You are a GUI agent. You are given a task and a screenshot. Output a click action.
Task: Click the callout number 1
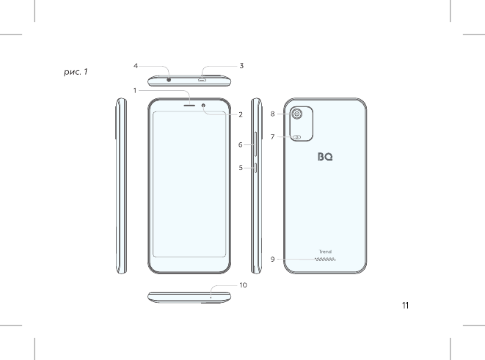coord(135,90)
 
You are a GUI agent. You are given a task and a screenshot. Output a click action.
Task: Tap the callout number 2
coord(241,114)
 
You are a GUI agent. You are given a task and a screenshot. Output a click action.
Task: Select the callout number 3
coord(241,66)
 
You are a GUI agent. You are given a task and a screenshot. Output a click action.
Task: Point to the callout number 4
coord(136,66)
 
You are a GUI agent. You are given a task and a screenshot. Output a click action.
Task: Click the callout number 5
coord(241,168)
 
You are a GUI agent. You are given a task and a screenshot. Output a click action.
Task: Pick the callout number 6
coord(241,144)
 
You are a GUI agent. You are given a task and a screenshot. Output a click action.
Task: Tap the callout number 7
coord(272,136)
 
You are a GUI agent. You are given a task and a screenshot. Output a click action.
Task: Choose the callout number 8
coord(272,114)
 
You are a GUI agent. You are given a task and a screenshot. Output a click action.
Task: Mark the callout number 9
coord(272,260)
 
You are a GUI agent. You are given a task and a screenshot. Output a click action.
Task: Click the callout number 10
coord(243,285)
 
